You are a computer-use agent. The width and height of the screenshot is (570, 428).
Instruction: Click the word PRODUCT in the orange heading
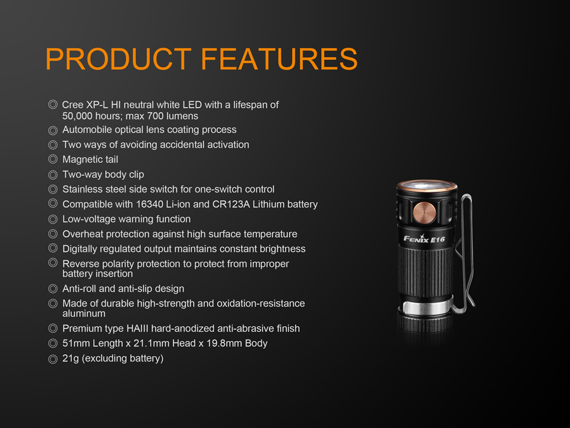click(x=119, y=59)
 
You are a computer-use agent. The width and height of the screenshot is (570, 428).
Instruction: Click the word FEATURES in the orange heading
click(x=279, y=59)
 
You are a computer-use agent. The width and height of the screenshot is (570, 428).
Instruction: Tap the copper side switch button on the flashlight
click(x=425, y=213)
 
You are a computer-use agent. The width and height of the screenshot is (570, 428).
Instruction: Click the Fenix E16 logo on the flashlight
click(x=424, y=239)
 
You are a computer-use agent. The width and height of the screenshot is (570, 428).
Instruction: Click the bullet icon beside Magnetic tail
click(x=53, y=159)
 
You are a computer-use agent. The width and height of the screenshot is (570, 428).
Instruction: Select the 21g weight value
click(x=71, y=358)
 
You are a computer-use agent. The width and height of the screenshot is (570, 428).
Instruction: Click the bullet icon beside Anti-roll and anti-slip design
click(x=53, y=289)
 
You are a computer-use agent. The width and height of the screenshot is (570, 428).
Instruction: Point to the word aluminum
click(x=84, y=313)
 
